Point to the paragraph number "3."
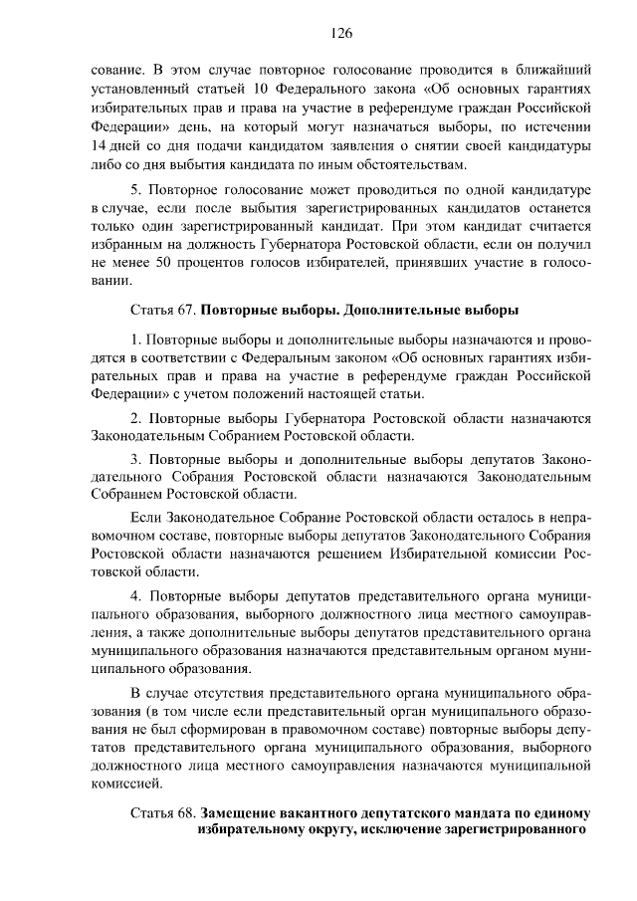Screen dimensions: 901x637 137,459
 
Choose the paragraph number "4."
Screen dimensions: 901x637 137,594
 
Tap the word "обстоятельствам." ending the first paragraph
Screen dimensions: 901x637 409,164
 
